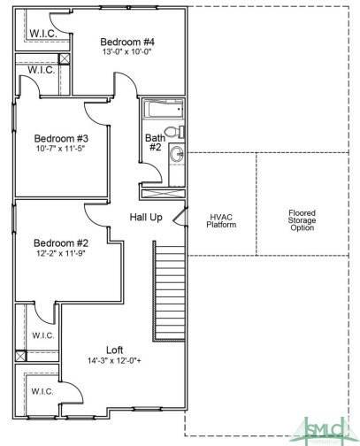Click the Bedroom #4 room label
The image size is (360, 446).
127,42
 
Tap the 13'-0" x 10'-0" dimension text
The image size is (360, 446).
126,51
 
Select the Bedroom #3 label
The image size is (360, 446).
61,138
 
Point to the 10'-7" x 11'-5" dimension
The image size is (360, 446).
60,148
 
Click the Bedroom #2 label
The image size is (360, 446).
61,243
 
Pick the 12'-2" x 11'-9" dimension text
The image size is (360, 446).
61,253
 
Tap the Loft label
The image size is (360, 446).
115,350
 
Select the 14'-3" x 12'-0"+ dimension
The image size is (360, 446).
114,360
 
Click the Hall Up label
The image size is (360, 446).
146,218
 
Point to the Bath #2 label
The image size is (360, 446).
156,142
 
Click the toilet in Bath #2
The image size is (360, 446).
174,132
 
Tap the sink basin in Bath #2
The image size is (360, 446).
177,154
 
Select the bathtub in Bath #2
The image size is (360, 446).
164,110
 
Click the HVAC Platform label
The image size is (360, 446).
221,221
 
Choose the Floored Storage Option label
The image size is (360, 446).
302,220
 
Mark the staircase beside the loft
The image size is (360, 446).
170,291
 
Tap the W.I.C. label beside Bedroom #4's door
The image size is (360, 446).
43,34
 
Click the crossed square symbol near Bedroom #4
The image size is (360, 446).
65,59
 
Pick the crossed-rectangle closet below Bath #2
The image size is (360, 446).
163,194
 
